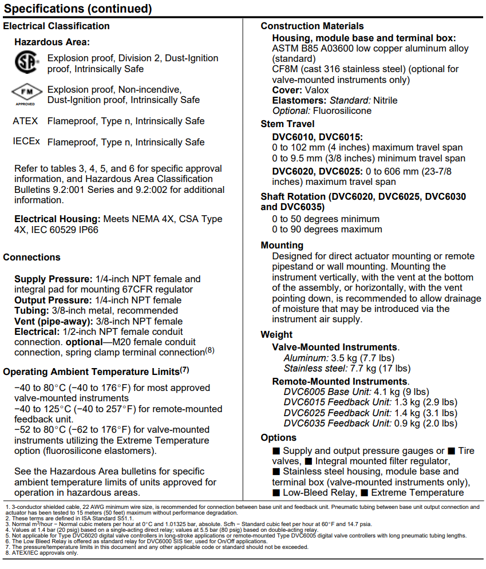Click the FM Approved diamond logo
point(27,93)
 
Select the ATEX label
point(25,121)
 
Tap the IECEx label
point(26,141)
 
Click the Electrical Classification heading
point(56,26)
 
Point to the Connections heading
point(31,257)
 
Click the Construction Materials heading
point(312,26)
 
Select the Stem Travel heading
point(287,124)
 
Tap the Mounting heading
point(282,245)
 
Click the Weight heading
point(276,334)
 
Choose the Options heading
point(278,437)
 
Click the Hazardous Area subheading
point(52,42)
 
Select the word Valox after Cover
point(317,90)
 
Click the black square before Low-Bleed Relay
point(276,492)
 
